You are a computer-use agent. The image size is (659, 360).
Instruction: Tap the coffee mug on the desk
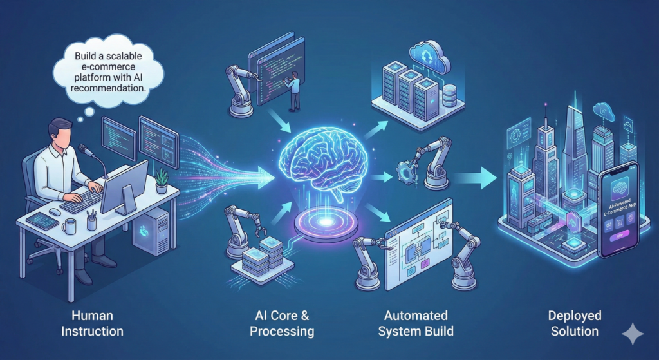pyautogui.click(x=70, y=226)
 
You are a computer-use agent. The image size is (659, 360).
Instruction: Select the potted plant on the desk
pyautogui.click(x=162, y=181)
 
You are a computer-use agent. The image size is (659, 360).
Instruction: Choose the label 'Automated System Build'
pyautogui.click(x=416, y=323)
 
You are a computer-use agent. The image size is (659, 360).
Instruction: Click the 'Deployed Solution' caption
pyautogui.click(x=575, y=323)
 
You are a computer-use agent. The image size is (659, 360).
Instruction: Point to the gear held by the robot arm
pyautogui.click(x=407, y=173)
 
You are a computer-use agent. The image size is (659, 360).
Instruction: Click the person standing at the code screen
pyautogui.click(x=294, y=91)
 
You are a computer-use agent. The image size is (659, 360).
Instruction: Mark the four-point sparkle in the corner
pyautogui.click(x=632, y=334)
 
